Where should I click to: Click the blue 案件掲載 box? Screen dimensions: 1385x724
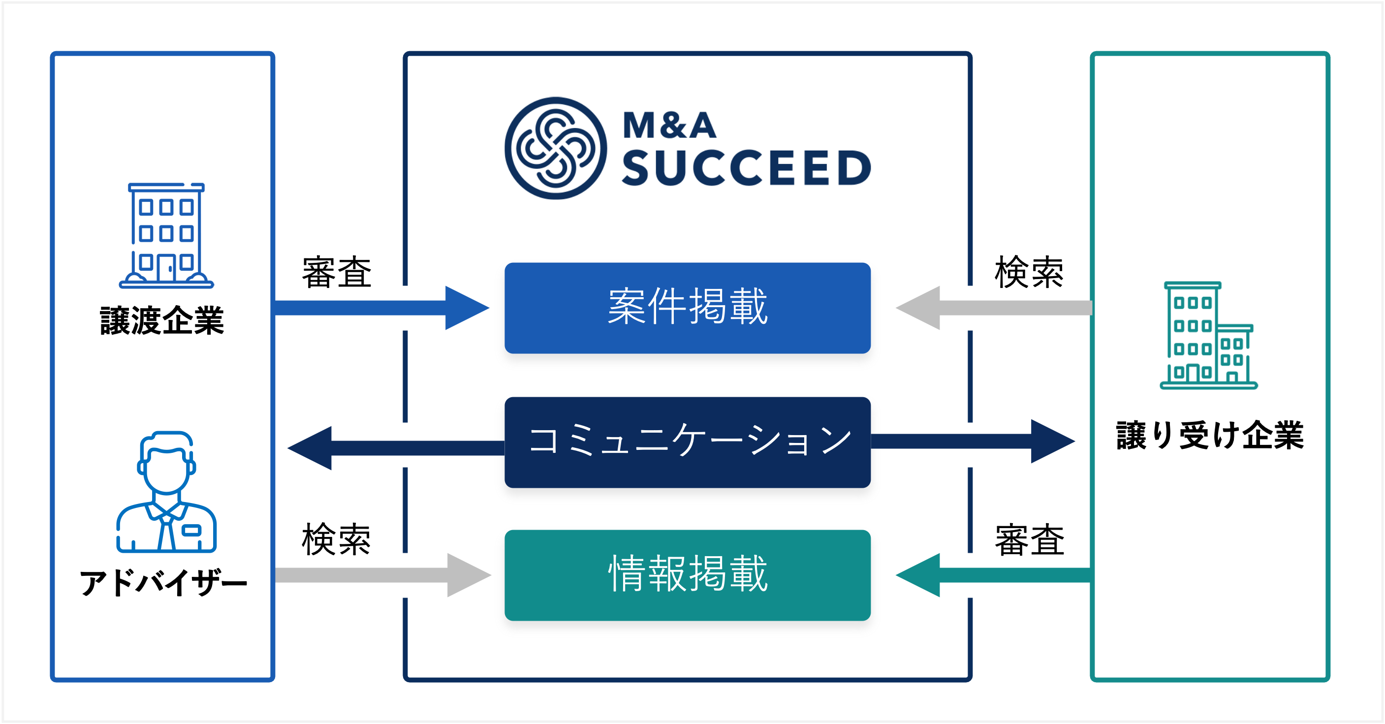coord(688,308)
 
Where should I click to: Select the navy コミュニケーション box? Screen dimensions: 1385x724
coord(688,442)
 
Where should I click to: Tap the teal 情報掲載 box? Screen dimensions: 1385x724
coord(688,575)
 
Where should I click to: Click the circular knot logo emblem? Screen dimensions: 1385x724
coord(555,148)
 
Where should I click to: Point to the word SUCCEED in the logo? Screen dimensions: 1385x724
coord(746,168)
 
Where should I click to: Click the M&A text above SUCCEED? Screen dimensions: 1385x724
coord(669,125)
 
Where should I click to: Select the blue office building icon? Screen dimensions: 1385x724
coord(167,235)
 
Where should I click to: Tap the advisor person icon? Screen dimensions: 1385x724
coord(167,491)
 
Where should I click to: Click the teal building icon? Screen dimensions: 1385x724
coord(1209,335)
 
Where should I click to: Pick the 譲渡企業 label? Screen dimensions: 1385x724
coord(162,321)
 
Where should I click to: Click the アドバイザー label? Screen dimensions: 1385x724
coord(163,583)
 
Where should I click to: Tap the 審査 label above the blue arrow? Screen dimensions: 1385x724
coord(337,273)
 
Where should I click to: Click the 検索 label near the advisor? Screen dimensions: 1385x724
coord(337,539)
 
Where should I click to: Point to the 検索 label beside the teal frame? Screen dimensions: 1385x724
coord(1029,272)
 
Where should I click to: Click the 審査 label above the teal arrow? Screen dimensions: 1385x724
coord(1029,539)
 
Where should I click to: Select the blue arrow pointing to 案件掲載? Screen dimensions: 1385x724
coord(382,308)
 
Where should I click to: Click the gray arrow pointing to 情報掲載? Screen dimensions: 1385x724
coord(383,575)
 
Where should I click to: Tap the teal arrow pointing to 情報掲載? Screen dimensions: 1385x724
coord(994,575)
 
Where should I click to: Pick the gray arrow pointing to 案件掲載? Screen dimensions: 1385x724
coord(994,308)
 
